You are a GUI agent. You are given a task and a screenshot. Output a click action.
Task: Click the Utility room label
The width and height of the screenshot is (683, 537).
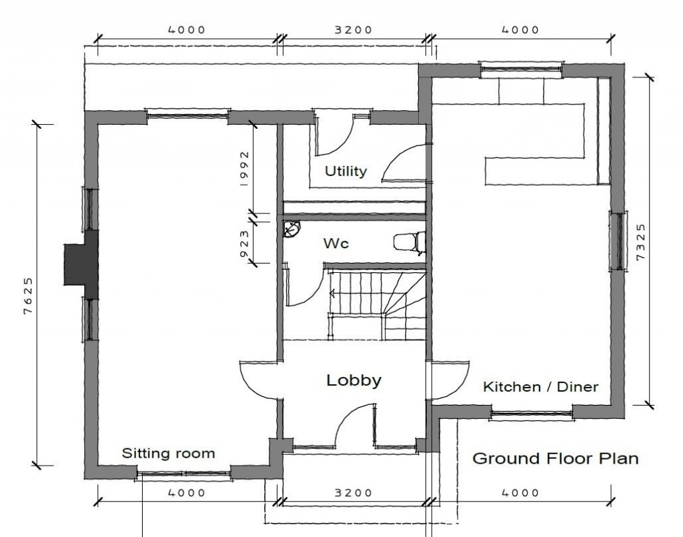tap(346, 171)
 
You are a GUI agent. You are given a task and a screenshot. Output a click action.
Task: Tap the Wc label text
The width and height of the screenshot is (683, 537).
tap(336, 244)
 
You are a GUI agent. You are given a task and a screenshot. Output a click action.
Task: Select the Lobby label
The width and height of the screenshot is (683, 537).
tap(354, 381)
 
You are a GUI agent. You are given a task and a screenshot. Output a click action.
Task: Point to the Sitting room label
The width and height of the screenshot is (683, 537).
tap(168, 454)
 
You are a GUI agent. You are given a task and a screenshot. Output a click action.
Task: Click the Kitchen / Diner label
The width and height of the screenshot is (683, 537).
tap(540, 387)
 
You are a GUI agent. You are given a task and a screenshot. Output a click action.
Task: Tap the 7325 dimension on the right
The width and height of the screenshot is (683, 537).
tap(641, 241)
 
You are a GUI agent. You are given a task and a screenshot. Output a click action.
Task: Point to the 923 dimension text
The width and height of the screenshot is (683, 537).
tap(245, 239)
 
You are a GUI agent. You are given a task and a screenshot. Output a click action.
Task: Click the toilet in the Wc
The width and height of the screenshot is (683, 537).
tap(408, 242)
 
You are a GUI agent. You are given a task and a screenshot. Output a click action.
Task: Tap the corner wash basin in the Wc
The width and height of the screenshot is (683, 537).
tap(291, 229)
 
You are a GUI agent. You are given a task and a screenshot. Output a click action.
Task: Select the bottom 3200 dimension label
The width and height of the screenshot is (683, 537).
tap(353, 494)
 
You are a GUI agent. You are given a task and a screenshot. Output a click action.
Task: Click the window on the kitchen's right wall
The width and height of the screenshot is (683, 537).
tap(617, 241)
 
